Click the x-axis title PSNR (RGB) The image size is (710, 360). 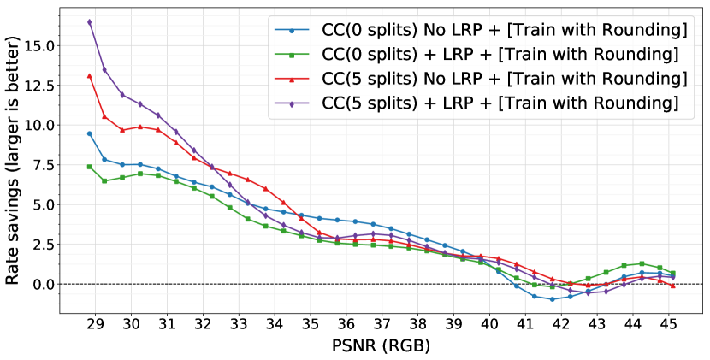click(x=382, y=347)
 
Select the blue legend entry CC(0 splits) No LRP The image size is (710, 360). click(x=479, y=31)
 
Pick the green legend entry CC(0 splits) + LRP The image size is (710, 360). click(x=474, y=55)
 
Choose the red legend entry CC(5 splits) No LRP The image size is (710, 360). click(x=479, y=80)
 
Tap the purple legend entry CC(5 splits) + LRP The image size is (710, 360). click(x=474, y=103)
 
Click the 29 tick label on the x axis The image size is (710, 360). click(x=96, y=326)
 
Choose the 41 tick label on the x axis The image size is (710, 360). click(x=525, y=326)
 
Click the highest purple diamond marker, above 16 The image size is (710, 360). click(x=89, y=22)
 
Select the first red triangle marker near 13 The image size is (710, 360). click(x=89, y=75)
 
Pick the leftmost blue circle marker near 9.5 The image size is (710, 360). click(x=89, y=133)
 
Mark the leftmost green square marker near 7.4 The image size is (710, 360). click(x=89, y=167)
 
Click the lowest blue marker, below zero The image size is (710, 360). click(x=552, y=299)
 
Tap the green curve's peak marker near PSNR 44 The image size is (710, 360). click(x=642, y=263)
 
